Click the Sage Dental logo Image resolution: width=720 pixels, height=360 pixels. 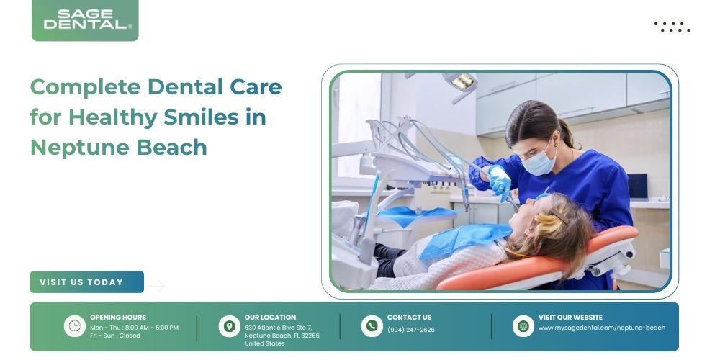click(x=85, y=20)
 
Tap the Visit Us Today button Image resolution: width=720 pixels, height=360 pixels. click(x=87, y=282)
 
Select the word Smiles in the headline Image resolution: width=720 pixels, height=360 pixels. click(x=201, y=117)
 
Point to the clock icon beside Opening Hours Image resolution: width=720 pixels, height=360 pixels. click(x=74, y=326)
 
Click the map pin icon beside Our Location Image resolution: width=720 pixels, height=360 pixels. click(x=229, y=326)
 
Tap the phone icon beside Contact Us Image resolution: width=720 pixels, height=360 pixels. click(x=372, y=326)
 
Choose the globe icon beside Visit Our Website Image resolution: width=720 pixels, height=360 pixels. click(x=523, y=326)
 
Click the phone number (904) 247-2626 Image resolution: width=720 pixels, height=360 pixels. click(x=410, y=330)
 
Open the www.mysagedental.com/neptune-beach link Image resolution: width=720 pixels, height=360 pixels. click(x=601, y=328)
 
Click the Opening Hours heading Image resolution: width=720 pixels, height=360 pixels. click(x=118, y=318)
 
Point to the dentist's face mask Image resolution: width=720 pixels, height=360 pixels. click(x=538, y=161)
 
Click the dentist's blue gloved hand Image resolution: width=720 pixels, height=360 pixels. click(x=500, y=182)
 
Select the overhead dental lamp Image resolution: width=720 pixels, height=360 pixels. click(x=462, y=83)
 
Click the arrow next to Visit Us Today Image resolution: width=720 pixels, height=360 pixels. click(x=156, y=286)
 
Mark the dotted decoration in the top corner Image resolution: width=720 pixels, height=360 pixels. click(x=672, y=27)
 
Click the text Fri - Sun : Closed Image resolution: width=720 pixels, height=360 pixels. click(x=114, y=336)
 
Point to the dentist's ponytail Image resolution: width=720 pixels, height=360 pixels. click(x=567, y=132)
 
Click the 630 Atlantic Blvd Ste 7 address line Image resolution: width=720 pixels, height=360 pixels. click(x=278, y=328)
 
